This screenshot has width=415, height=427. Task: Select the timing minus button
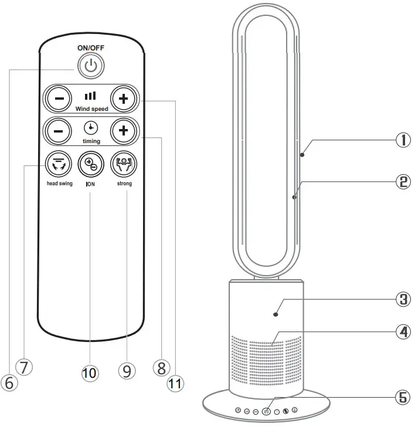(59, 130)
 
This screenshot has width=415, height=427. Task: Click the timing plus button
(123, 130)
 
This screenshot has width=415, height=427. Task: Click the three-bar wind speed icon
(91, 96)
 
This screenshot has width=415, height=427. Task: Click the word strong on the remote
(123, 184)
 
